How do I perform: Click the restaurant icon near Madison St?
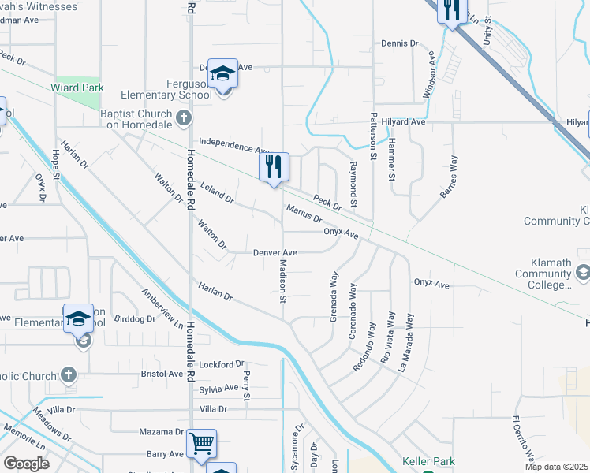tap(274, 167)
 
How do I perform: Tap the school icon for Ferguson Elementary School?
tap(222, 74)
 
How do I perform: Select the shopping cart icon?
tap(201, 445)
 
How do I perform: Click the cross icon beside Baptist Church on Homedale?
tap(184, 119)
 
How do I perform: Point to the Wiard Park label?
tap(78, 88)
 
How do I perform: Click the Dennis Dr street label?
tap(399, 43)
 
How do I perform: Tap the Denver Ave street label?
tap(274, 253)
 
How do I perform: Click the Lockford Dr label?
tap(222, 364)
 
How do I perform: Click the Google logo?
tap(26, 464)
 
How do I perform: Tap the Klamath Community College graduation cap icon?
tap(583, 273)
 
